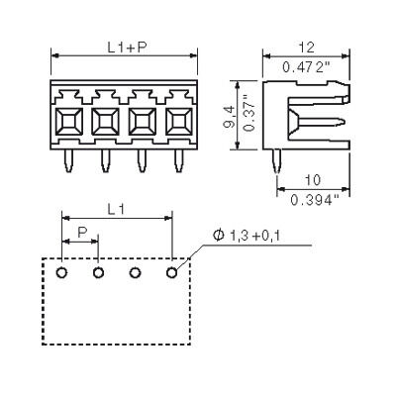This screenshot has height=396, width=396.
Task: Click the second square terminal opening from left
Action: pos(105,122)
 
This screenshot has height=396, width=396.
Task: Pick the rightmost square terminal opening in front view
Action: pos(178,122)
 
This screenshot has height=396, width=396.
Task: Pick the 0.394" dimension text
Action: pos(316,201)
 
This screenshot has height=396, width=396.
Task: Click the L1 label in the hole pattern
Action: pos(116,209)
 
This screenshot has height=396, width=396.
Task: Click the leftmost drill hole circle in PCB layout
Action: pos(61,272)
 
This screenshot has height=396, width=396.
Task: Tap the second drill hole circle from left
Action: pos(98,272)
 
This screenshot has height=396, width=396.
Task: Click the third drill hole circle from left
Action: pos(135,272)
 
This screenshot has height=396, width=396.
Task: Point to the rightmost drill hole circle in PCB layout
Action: pos(171,272)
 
